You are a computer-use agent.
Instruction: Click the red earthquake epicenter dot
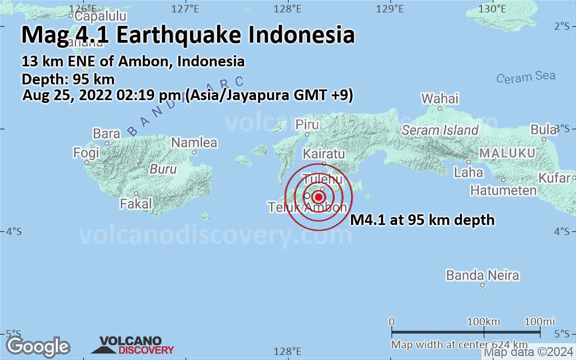pyautogui.click(x=318, y=197)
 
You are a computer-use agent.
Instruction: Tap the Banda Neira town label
pyautogui.click(x=482, y=276)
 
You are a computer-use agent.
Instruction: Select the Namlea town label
pyautogui.click(x=194, y=143)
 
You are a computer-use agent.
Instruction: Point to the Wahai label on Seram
pyautogui.click(x=440, y=99)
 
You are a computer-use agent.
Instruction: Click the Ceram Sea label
pyautogui.click(x=525, y=77)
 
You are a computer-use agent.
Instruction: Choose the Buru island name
pyautogui.click(x=163, y=169)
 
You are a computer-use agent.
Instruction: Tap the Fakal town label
pyautogui.click(x=136, y=204)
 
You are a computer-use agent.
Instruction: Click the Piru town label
pyautogui.click(x=307, y=124)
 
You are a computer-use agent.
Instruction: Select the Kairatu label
pyautogui.click(x=323, y=154)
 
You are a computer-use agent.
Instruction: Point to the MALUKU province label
pyautogui.click(x=506, y=153)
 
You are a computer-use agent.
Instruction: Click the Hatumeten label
pyautogui.click(x=503, y=191)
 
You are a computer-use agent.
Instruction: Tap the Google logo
pyautogui.click(x=38, y=346)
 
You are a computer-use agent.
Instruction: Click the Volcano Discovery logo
pyautogui.click(x=137, y=345)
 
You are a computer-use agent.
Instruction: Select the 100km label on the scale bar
pyautogui.click(x=484, y=321)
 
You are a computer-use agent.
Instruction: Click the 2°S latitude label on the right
pyautogui.click(x=562, y=26)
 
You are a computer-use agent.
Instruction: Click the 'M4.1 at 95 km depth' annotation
pyautogui.click(x=422, y=220)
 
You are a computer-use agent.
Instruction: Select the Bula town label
pyautogui.click(x=543, y=129)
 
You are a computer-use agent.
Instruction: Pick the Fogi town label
pyautogui.click(x=86, y=152)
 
